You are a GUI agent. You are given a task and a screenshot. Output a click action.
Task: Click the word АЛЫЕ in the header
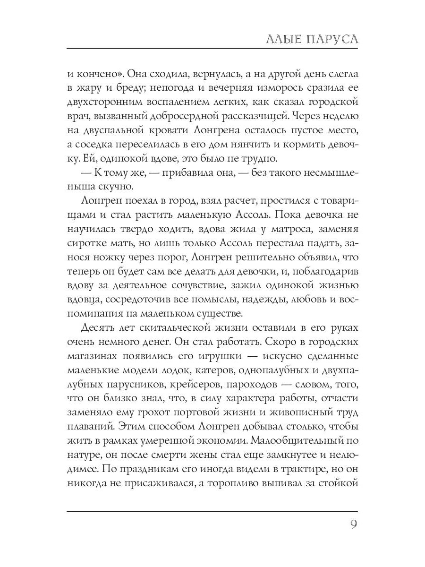pos(285,39)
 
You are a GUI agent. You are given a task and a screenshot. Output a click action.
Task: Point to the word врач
pos(79,116)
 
